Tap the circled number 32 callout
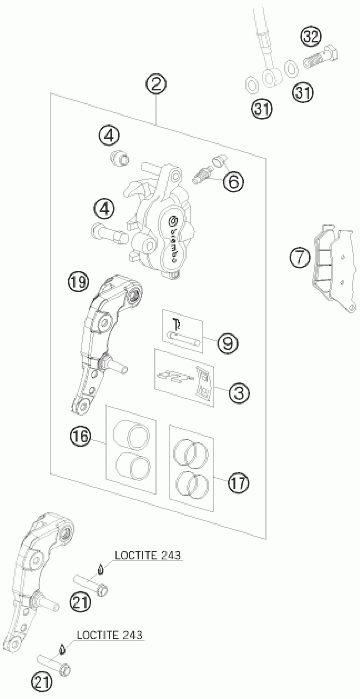(x=311, y=36)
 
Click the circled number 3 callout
(x=239, y=393)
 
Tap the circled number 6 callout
(x=234, y=181)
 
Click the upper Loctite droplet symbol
(x=101, y=569)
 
